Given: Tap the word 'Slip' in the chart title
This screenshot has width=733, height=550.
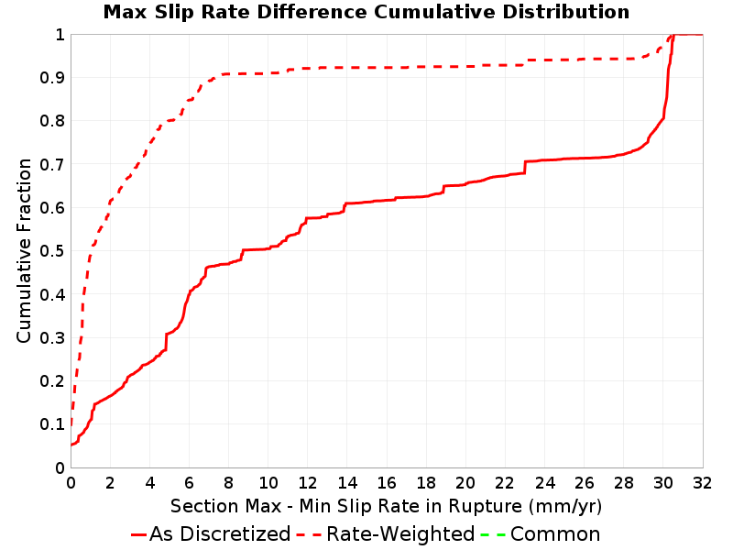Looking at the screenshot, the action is pos(168,12).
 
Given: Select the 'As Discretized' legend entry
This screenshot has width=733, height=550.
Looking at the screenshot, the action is pos(211,533).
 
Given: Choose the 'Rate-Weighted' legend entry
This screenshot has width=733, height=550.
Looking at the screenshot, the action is pos(386,533).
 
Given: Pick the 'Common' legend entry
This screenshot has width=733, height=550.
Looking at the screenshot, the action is pos(541,533).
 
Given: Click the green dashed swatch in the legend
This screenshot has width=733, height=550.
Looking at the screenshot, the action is pos(493,534).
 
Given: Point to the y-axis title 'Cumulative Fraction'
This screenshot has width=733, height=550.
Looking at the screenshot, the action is pos(24,250).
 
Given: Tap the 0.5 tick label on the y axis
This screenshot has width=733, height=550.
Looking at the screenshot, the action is pos(52,251).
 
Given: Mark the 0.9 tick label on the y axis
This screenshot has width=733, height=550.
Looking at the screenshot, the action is pos(52,78).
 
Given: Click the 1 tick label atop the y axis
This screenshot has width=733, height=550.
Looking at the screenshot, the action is pos(60,34).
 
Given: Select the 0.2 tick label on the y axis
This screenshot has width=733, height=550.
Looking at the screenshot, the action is pos(52,381).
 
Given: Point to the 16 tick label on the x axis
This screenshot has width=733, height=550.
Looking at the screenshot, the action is pos(387,482).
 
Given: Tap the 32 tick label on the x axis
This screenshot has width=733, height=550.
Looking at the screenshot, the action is pos(702,482).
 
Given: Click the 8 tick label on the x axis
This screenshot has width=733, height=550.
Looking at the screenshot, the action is pos(228,482).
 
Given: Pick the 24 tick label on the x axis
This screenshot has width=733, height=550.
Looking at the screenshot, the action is pos(544,482).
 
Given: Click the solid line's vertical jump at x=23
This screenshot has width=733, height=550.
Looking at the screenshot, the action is pos(525,168).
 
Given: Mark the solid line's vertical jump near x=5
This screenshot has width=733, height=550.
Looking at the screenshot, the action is pos(166,342).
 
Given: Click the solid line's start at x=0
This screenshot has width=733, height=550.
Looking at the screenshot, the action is pos(71,445).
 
